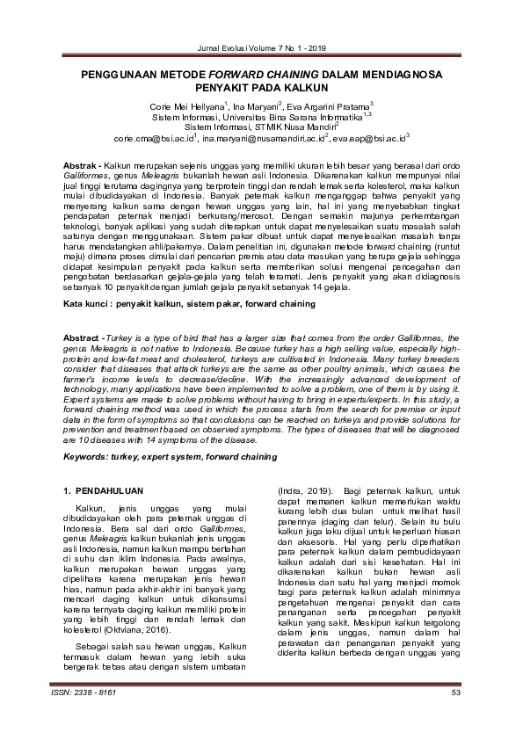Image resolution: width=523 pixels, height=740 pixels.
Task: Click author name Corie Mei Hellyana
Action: click(x=186, y=105)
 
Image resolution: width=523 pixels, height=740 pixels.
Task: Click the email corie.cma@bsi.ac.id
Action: click(x=153, y=138)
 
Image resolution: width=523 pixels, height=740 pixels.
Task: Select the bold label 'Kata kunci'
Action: click(x=92, y=303)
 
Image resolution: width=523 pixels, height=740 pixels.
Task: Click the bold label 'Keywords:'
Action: click(x=92, y=458)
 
